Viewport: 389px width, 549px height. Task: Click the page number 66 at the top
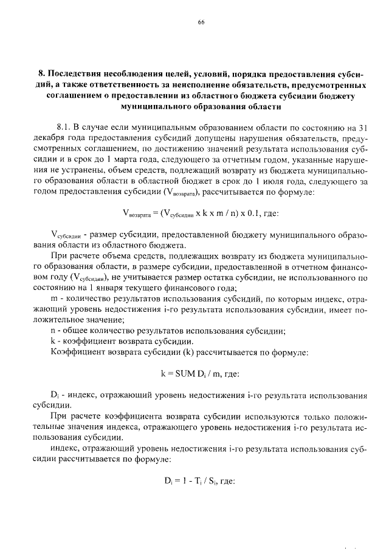(x=201, y=22)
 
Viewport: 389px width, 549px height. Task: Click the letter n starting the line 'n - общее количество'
(x=54, y=331)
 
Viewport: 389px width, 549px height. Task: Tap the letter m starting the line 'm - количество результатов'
(x=55, y=298)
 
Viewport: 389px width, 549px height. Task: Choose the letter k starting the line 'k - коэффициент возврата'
(x=53, y=342)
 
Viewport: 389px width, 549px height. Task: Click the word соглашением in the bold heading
(x=75, y=95)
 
